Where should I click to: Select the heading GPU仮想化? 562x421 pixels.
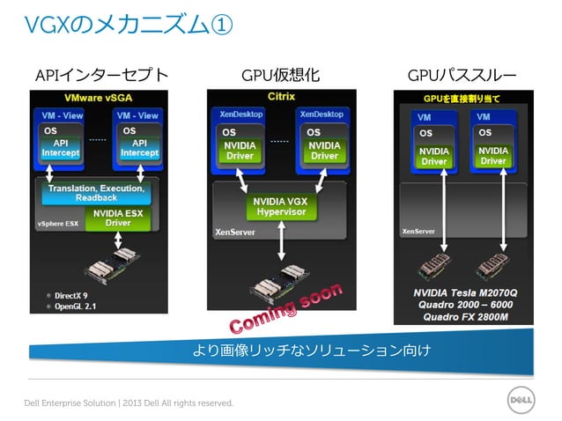281,75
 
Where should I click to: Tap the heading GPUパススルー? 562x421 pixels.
462,75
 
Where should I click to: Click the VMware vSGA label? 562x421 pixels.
101,97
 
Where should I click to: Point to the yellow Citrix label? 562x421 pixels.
281,96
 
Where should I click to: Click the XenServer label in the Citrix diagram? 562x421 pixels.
235,233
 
